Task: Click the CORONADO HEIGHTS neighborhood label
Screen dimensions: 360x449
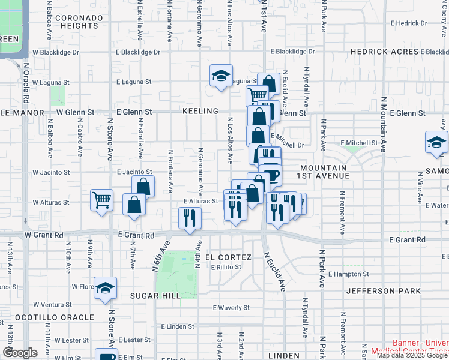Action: click(x=76, y=22)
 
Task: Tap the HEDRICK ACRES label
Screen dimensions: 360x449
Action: click(x=384, y=52)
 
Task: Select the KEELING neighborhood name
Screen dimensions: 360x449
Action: click(x=200, y=112)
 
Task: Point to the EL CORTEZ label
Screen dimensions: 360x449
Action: click(x=223, y=257)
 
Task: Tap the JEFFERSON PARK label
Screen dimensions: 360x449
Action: click(x=387, y=291)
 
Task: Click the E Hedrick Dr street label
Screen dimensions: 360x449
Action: click(x=408, y=23)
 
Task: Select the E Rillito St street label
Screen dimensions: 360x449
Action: click(x=226, y=266)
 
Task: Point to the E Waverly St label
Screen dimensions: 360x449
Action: click(x=231, y=308)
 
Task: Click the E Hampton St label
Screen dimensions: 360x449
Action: click(x=349, y=274)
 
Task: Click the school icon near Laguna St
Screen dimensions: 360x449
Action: click(x=221, y=76)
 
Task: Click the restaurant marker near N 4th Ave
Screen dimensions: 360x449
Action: click(x=190, y=217)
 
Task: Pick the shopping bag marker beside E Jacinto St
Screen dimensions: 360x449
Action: click(x=143, y=187)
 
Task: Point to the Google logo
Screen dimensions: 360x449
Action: click(x=20, y=353)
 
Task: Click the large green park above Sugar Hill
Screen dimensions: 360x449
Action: click(x=179, y=273)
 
